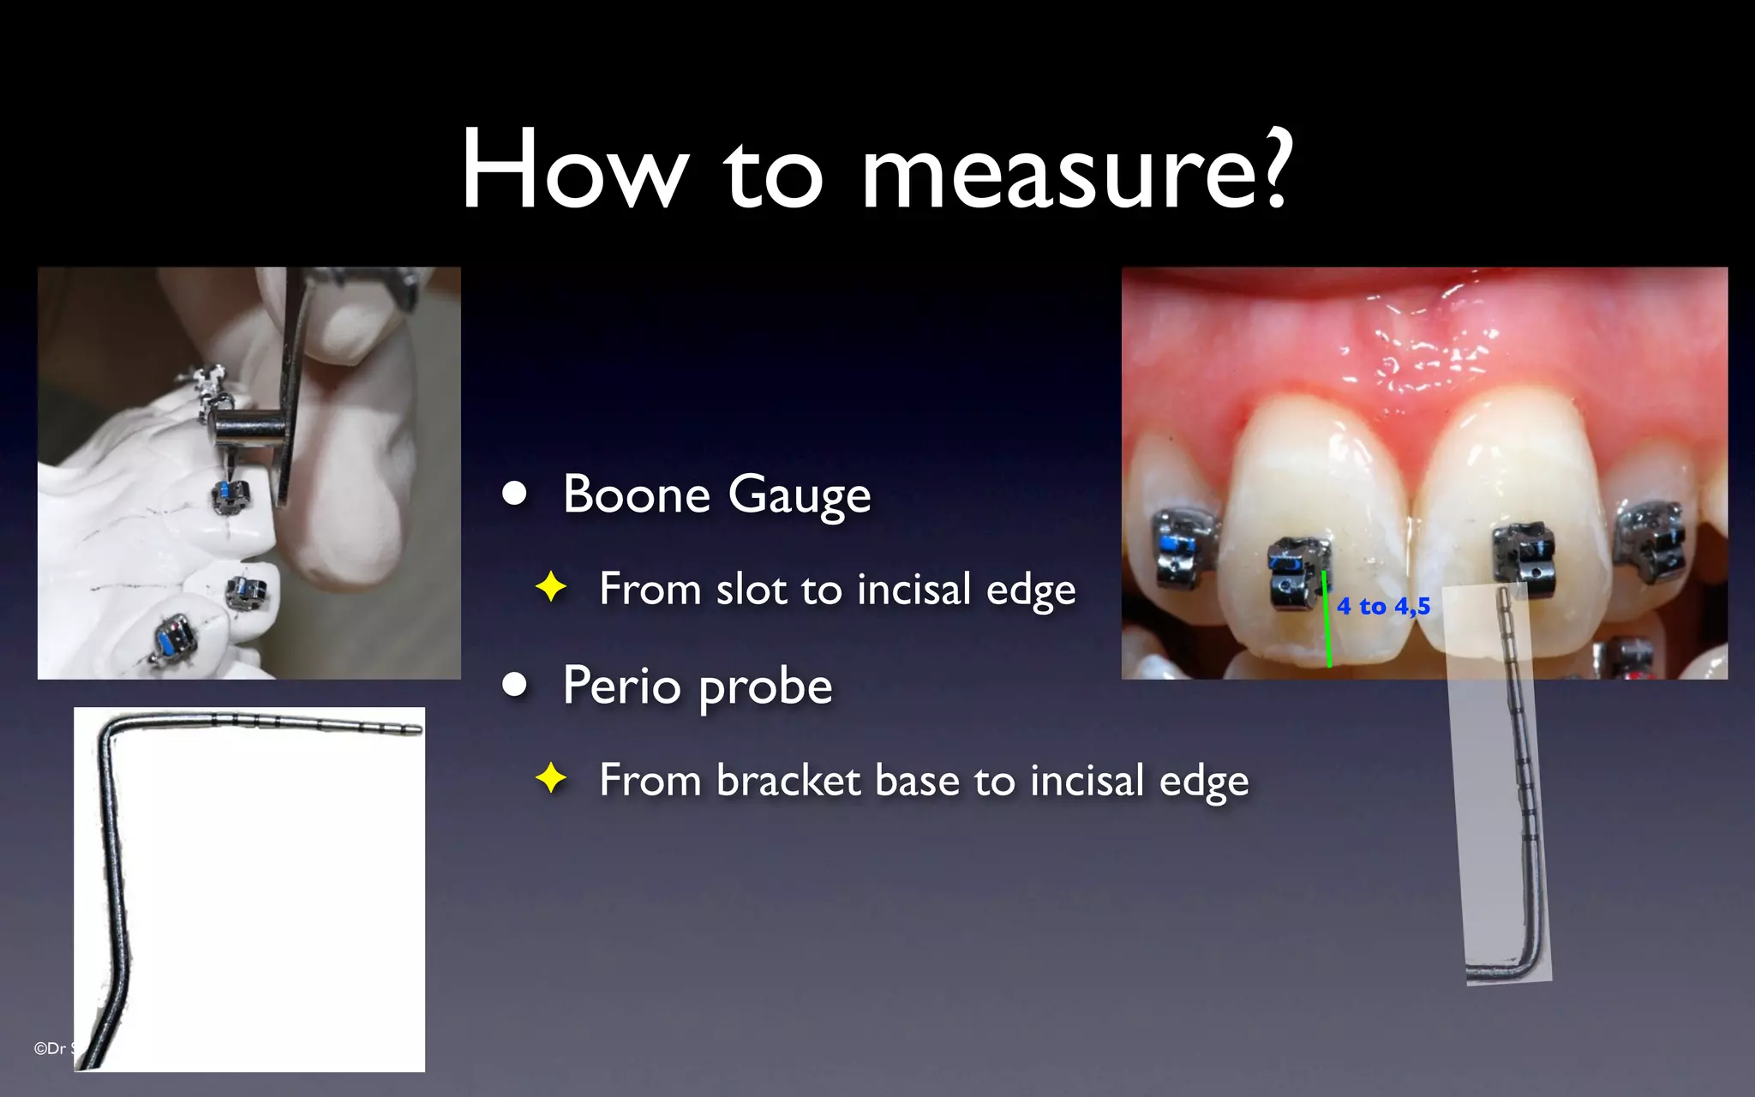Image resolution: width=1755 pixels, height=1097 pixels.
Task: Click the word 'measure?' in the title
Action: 1076,171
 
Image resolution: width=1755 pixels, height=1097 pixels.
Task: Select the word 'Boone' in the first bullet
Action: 637,495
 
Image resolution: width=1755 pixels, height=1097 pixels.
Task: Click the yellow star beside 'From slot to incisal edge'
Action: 551,588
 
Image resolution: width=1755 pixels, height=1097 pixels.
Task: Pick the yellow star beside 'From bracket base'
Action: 551,779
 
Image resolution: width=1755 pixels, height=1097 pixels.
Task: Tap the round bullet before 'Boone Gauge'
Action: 514,493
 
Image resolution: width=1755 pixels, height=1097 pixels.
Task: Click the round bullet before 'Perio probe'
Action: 514,684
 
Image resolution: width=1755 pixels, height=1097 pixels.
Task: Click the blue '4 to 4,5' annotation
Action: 1383,607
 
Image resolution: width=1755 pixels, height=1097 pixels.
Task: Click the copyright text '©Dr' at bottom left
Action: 50,1048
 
